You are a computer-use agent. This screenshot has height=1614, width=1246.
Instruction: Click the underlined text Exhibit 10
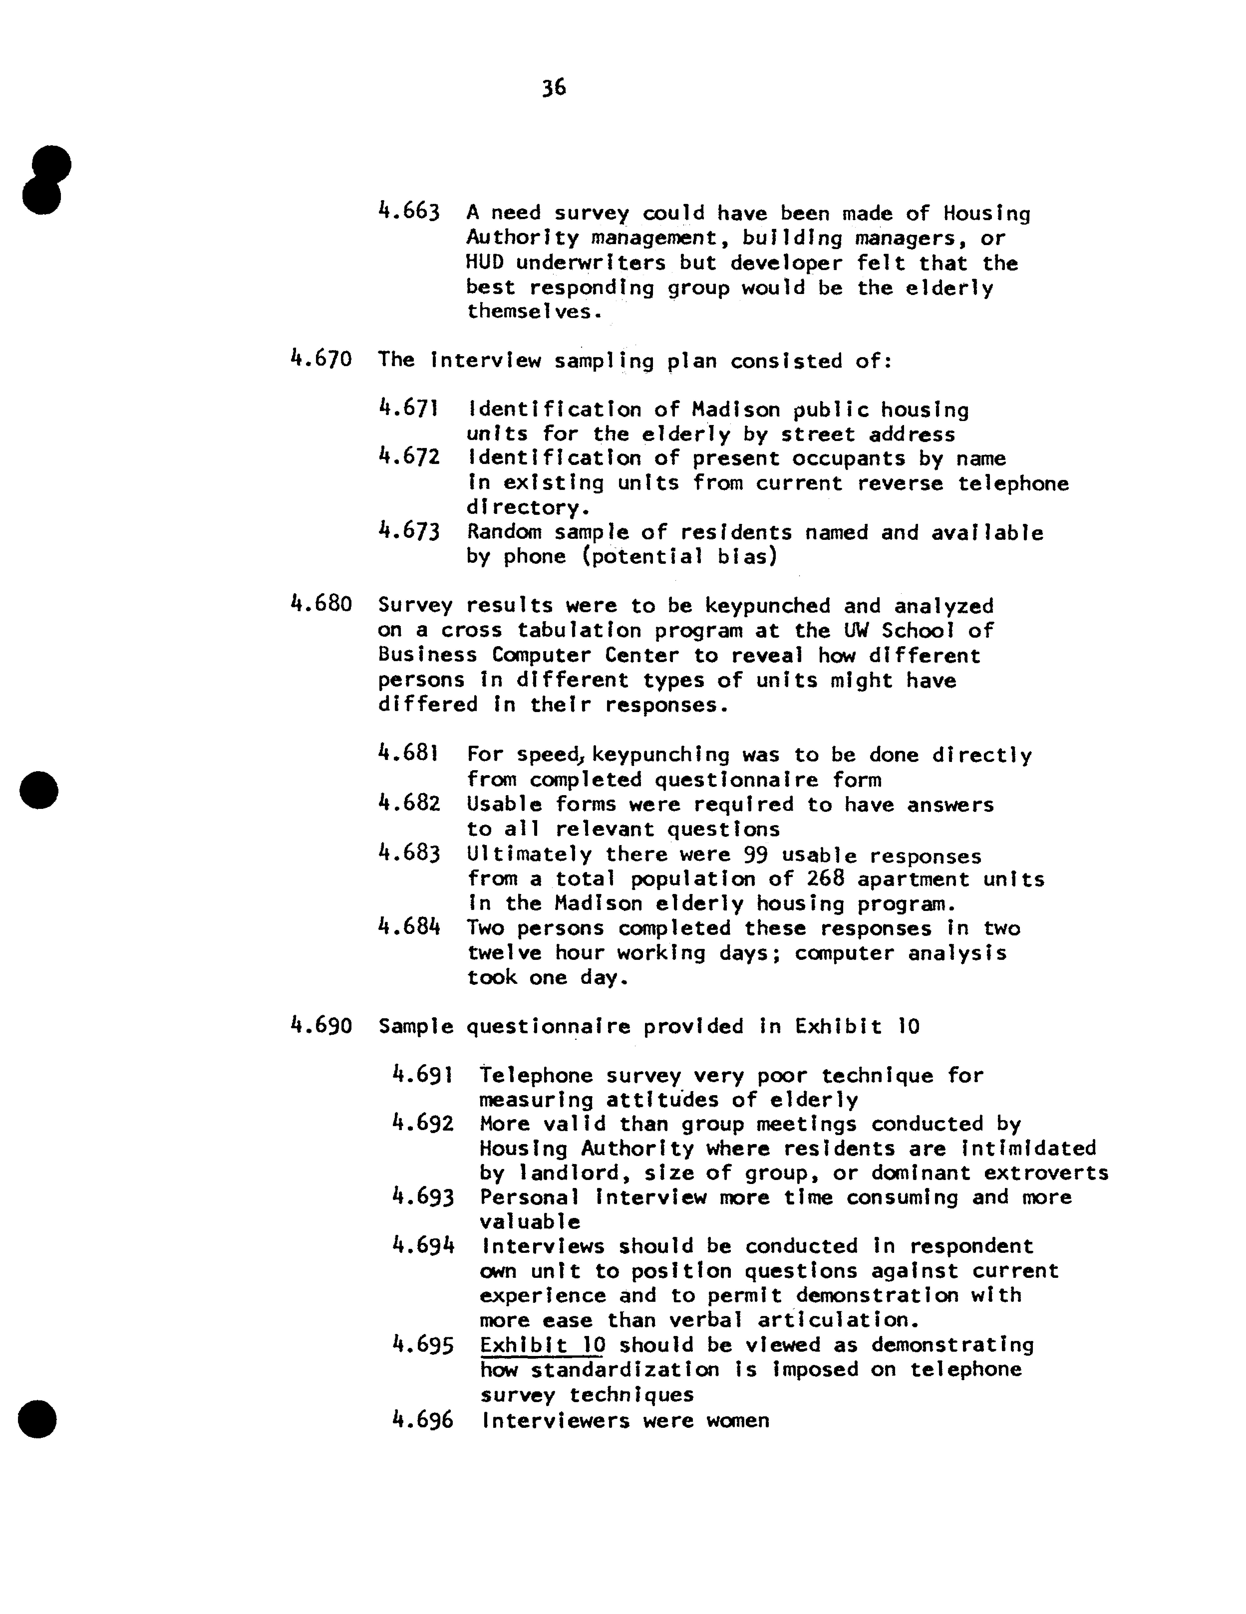(x=542, y=1345)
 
